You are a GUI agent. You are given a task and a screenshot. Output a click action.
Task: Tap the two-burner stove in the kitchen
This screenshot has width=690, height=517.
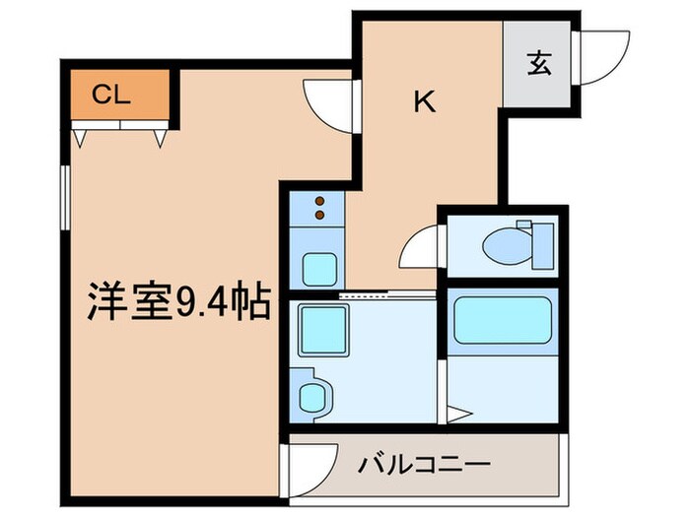pyautogui.click(x=319, y=209)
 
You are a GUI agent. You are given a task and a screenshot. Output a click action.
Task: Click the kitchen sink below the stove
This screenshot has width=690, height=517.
pyautogui.click(x=319, y=266)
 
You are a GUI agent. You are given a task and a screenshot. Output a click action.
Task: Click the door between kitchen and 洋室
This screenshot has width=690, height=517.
pyautogui.click(x=328, y=99)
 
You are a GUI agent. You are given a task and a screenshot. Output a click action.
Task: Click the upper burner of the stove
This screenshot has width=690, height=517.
pyautogui.click(x=319, y=200)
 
